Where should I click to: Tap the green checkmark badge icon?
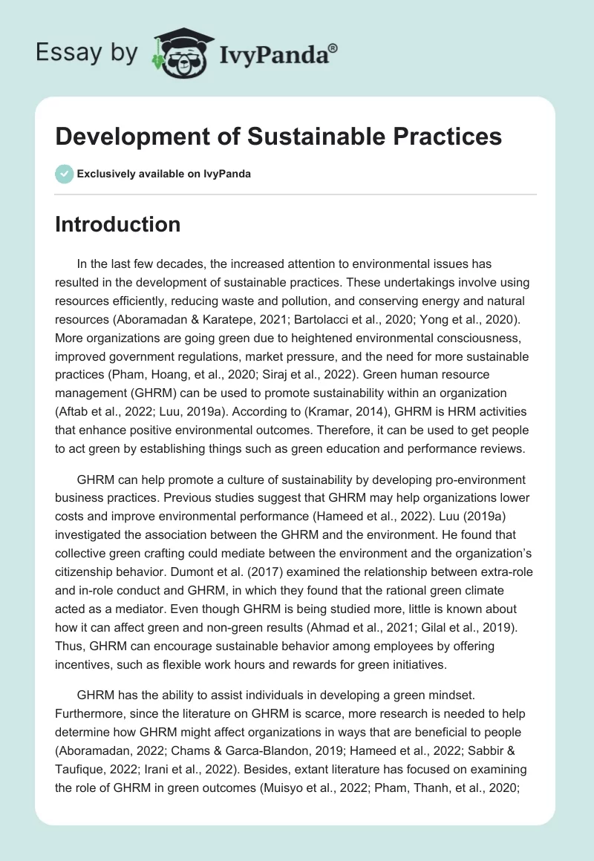[64, 174]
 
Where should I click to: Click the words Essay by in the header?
[86, 52]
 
